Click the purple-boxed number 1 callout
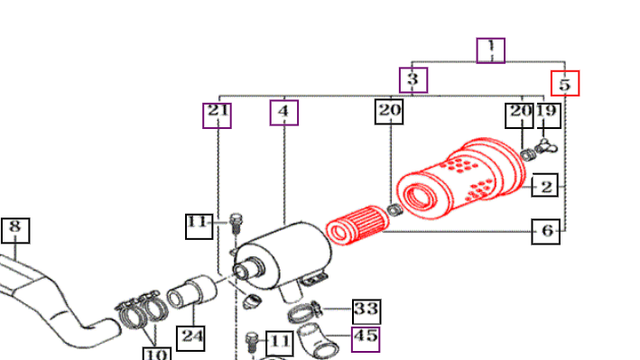(x=491, y=51)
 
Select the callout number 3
(x=413, y=80)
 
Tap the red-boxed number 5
(x=565, y=83)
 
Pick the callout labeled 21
(x=218, y=115)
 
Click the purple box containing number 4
(x=284, y=113)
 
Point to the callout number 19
(x=547, y=115)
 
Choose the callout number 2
(x=545, y=185)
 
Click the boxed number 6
(x=546, y=231)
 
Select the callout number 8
(x=15, y=231)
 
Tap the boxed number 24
(x=191, y=338)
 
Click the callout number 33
(x=366, y=311)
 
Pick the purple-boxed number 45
(x=366, y=339)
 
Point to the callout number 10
(x=157, y=354)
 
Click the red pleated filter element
(x=357, y=225)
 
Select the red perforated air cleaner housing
(x=461, y=178)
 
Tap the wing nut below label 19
(x=546, y=146)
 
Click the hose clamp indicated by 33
(x=305, y=312)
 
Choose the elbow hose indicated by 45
(x=318, y=342)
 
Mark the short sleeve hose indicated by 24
(x=192, y=291)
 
